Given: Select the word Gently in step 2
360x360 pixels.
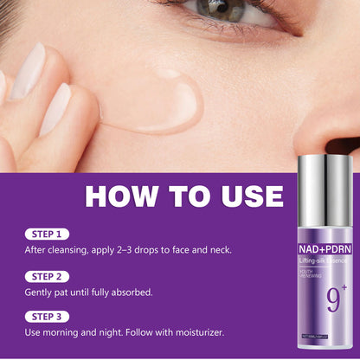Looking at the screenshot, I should tap(41, 292).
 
